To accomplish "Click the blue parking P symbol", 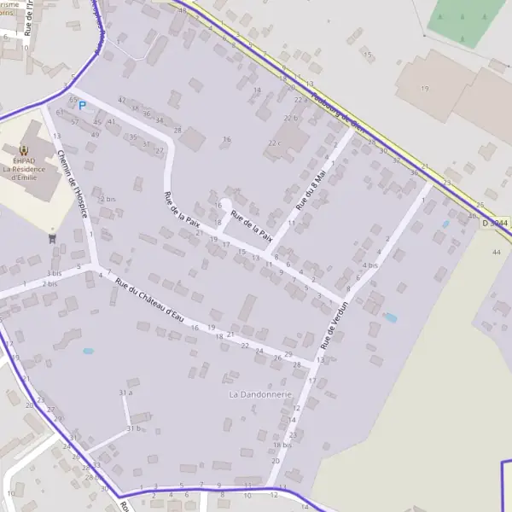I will coord(83,106).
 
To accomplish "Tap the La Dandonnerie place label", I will coord(260,395).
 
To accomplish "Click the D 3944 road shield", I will coord(494,223).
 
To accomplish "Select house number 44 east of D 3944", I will coord(497,252).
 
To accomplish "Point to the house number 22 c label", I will coord(274,143).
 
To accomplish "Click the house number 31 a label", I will coord(126,393).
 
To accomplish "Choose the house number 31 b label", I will coord(132,428).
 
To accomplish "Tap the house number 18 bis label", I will coord(282,445).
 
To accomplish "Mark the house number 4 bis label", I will coord(369,265).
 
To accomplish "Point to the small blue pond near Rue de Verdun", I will coord(391,317).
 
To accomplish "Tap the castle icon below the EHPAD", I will coord(53,238).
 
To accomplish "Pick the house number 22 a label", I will coord(299,100).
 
